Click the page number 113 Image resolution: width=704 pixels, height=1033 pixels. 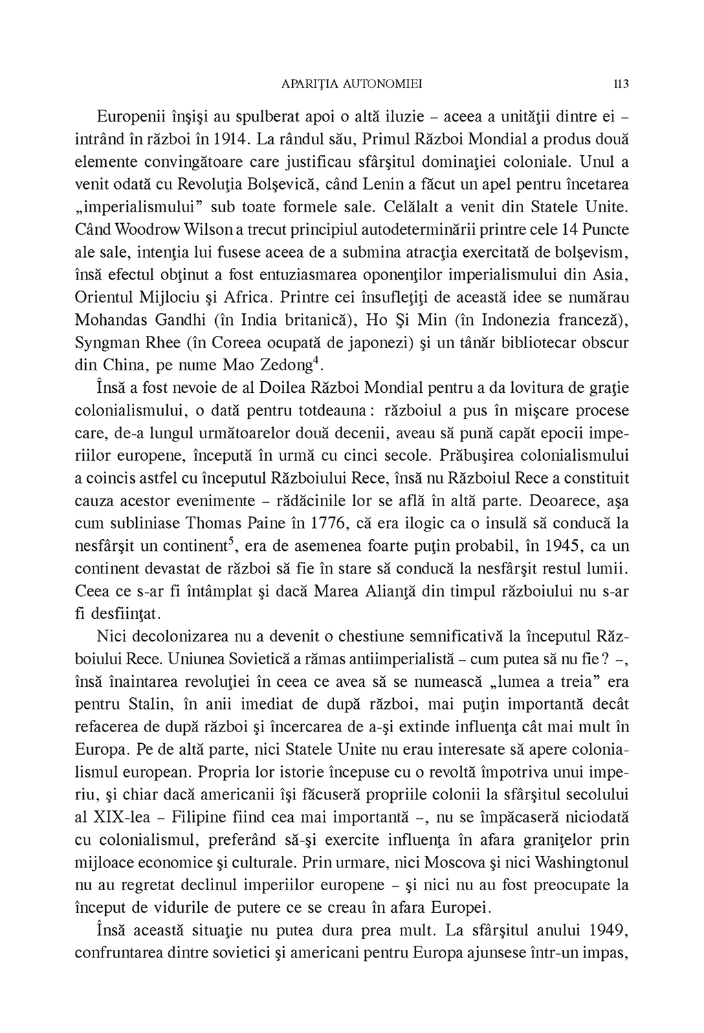(x=621, y=84)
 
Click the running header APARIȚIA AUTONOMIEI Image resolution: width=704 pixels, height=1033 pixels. (x=352, y=84)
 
